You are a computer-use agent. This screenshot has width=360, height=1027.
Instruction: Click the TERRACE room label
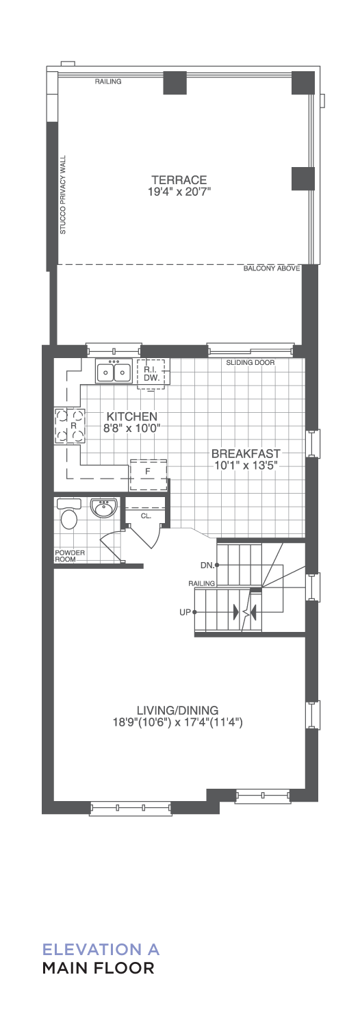179,180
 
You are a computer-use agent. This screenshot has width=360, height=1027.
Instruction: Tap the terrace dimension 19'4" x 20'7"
179,192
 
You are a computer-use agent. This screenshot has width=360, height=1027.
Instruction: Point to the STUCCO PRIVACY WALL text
63,194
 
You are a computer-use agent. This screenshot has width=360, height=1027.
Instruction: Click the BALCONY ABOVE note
272,268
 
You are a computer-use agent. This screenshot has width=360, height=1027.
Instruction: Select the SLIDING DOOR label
250,363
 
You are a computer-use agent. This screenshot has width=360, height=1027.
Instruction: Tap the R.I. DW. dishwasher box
152,374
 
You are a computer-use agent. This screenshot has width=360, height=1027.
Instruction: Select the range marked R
70,425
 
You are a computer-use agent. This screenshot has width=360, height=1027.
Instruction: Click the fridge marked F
148,474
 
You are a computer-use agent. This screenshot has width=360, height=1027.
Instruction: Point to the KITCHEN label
132,417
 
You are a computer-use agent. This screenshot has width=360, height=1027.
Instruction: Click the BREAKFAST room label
246,453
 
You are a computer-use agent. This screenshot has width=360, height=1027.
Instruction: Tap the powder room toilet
69,513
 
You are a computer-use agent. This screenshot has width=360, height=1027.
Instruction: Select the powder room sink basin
104,509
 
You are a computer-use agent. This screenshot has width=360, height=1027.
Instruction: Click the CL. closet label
146,516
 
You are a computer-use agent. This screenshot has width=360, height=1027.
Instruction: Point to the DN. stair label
207,566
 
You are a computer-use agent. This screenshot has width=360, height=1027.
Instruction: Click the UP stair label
185,612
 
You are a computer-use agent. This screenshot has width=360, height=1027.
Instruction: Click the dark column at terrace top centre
175,83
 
